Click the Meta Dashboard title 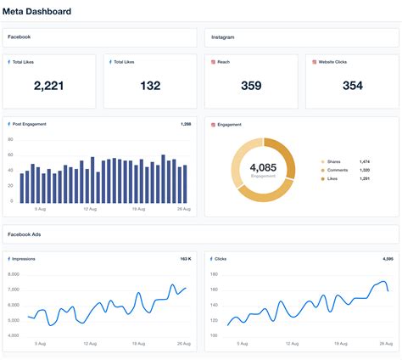pyautogui.click(x=37, y=12)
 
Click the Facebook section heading pyautogui.click(x=20, y=37)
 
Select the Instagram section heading pyautogui.click(x=222, y=37)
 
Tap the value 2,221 pyautogui.click(x=50, y=85)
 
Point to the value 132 pyautogui.click(x=150, y=85)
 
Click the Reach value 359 pyautogui.click(x=251, y=85)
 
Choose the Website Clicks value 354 pyautogui.click(x=352, y=85)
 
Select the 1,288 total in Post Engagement pyautogui.click(x=187, y=124)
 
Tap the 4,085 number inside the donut pyautogui.click(x=263, y=167)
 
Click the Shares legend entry pyautogui.click(x=334, y=161)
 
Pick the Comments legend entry pyautogui.click(x=337, y=170)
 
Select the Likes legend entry pyautogui.click(x=332, y=178)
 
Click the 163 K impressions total pyautogui.click(x=186, y=258)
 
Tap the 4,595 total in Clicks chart pyautogui.click(x=388, y=258)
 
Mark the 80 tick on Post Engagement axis pyautogui.click(x=11, y=138)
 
